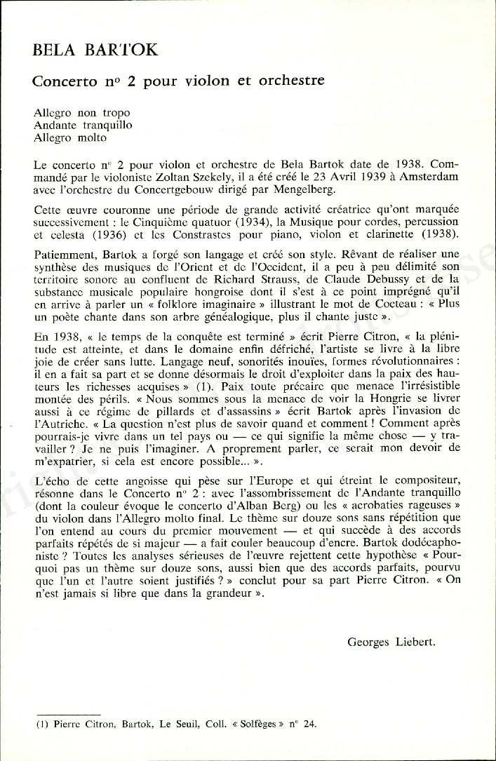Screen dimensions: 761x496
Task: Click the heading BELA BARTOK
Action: click(x=95, y=50)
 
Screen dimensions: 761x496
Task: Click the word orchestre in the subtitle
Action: click(x=291, y=81)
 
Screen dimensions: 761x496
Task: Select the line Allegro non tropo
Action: click(x=81, y=112)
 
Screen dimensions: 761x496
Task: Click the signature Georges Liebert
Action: click(x=391, y=641)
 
